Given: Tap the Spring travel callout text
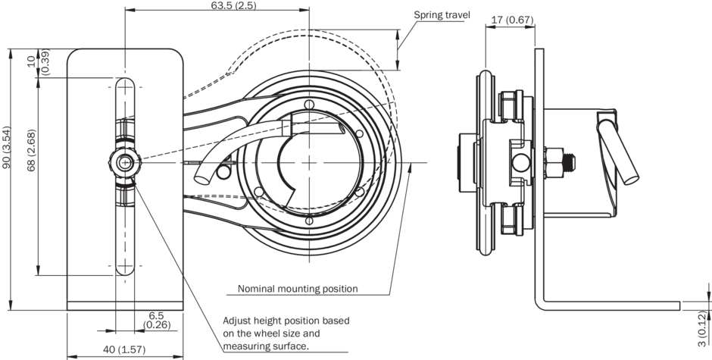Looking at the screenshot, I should point(442,14).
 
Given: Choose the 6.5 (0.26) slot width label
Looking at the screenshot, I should point(156,321).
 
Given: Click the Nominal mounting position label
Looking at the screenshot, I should point(298,289).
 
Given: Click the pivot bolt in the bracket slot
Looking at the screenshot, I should point(124,161).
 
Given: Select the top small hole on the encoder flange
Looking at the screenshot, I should point(308,104).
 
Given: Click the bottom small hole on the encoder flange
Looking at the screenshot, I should point(308,220).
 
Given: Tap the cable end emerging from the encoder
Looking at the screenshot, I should point(201,178).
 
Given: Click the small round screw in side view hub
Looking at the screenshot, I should point(520,161).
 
